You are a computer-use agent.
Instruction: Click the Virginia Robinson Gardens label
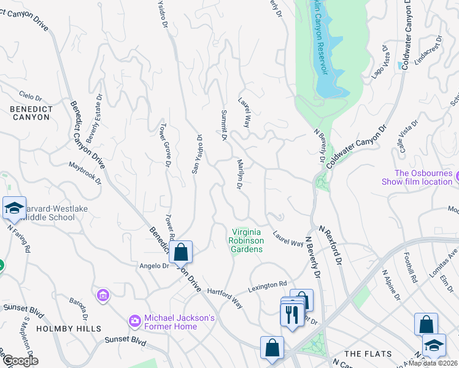(247, 240)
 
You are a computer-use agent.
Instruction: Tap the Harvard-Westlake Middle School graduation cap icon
(14, 208)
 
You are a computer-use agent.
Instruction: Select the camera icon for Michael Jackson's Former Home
(134, 321)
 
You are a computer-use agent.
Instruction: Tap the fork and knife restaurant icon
(291, 315)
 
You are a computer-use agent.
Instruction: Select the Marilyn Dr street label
(241, 174)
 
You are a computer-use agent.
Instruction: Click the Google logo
(20, 360)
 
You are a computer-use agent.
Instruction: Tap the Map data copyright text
(433, 363)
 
